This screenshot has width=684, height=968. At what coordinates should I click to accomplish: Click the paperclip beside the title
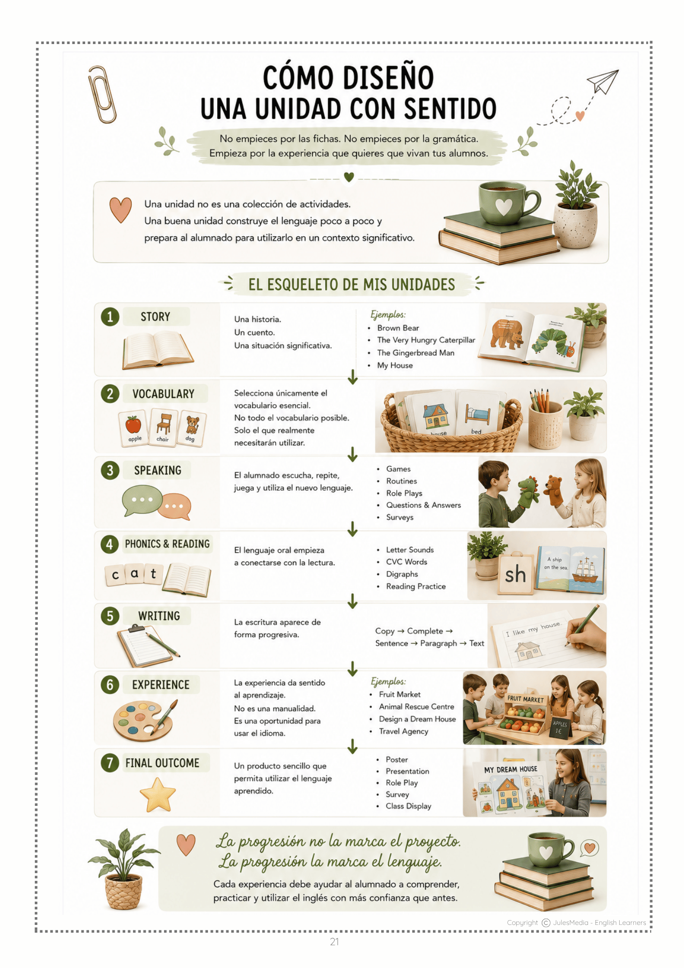click(102, 95)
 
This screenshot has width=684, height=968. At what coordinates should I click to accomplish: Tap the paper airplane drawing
click(603, 81)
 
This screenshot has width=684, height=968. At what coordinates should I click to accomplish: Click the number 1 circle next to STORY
click(110, 317)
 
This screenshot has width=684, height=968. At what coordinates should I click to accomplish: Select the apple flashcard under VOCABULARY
click(133, 428)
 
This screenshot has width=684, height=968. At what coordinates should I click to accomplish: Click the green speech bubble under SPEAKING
click(142, 500)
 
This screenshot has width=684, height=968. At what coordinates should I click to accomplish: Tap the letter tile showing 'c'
click(115, 575)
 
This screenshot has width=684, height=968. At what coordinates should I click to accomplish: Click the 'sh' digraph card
click(515, 575)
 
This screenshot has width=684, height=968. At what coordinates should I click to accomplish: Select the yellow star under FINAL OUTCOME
click(158, 795)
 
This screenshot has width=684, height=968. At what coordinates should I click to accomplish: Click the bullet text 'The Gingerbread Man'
click(416, 353)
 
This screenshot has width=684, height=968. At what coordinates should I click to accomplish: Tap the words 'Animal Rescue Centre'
click(416, 707)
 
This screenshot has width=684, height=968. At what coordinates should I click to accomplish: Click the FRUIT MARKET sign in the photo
click(525, 699)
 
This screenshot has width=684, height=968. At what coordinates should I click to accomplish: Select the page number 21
click(334, 941)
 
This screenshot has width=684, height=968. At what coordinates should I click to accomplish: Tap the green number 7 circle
click(110, 763)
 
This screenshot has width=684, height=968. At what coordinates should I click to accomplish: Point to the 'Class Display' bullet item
click(408, 806)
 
